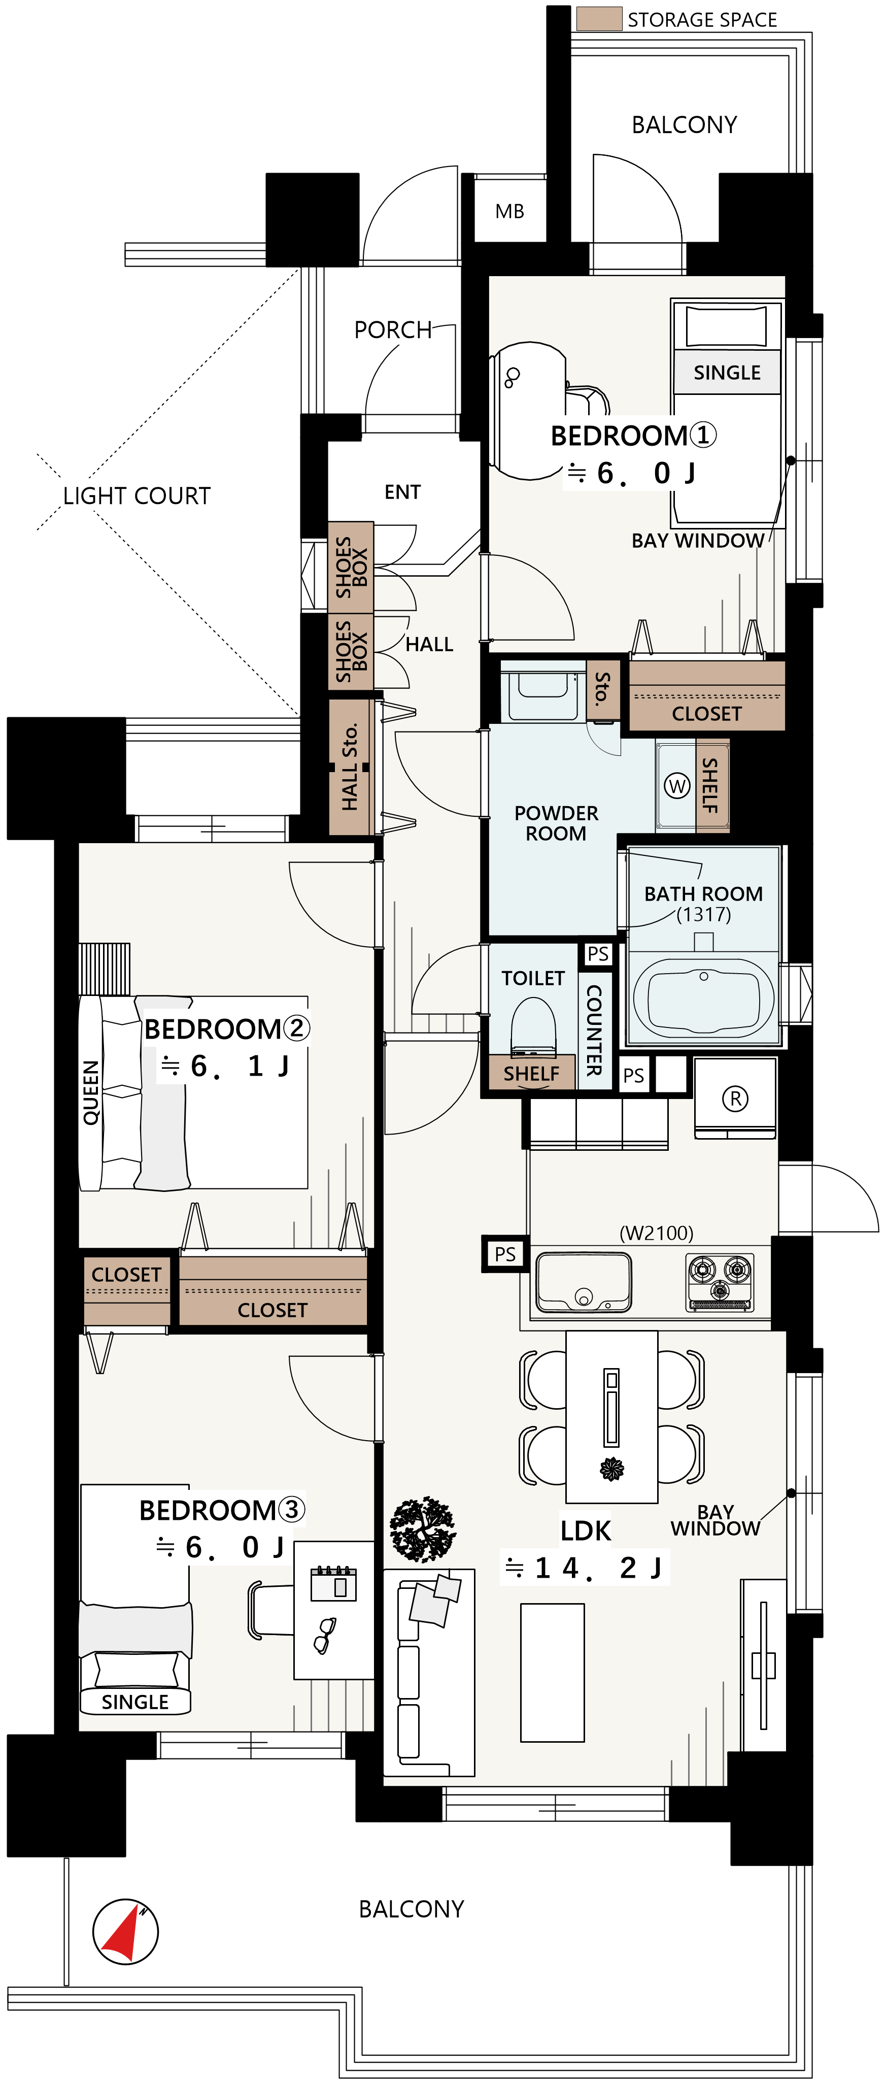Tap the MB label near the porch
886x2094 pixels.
(509, 211)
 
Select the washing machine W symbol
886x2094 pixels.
(677, 785)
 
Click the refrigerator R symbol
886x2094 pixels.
(735, 1098)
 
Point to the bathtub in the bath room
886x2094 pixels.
(703, 998)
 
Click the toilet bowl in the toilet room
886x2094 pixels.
(533, 1026)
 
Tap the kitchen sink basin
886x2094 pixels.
(583, 1282)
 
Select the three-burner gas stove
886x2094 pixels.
(720, 1282)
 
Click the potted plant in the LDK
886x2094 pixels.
(423, 1529)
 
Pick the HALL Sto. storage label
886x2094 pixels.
(350, 767)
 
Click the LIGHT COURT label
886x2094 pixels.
(137, 496)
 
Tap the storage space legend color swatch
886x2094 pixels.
(599, 19)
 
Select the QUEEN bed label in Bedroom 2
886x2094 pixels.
(91, 1092)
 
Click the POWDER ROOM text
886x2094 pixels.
(556, 823)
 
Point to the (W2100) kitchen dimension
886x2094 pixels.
(657, 1233)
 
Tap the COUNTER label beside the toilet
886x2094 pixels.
(594, 1030)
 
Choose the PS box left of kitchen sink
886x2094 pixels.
(505, 1253)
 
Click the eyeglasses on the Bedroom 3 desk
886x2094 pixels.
(325, 1635)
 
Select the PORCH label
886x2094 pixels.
(393, 330)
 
